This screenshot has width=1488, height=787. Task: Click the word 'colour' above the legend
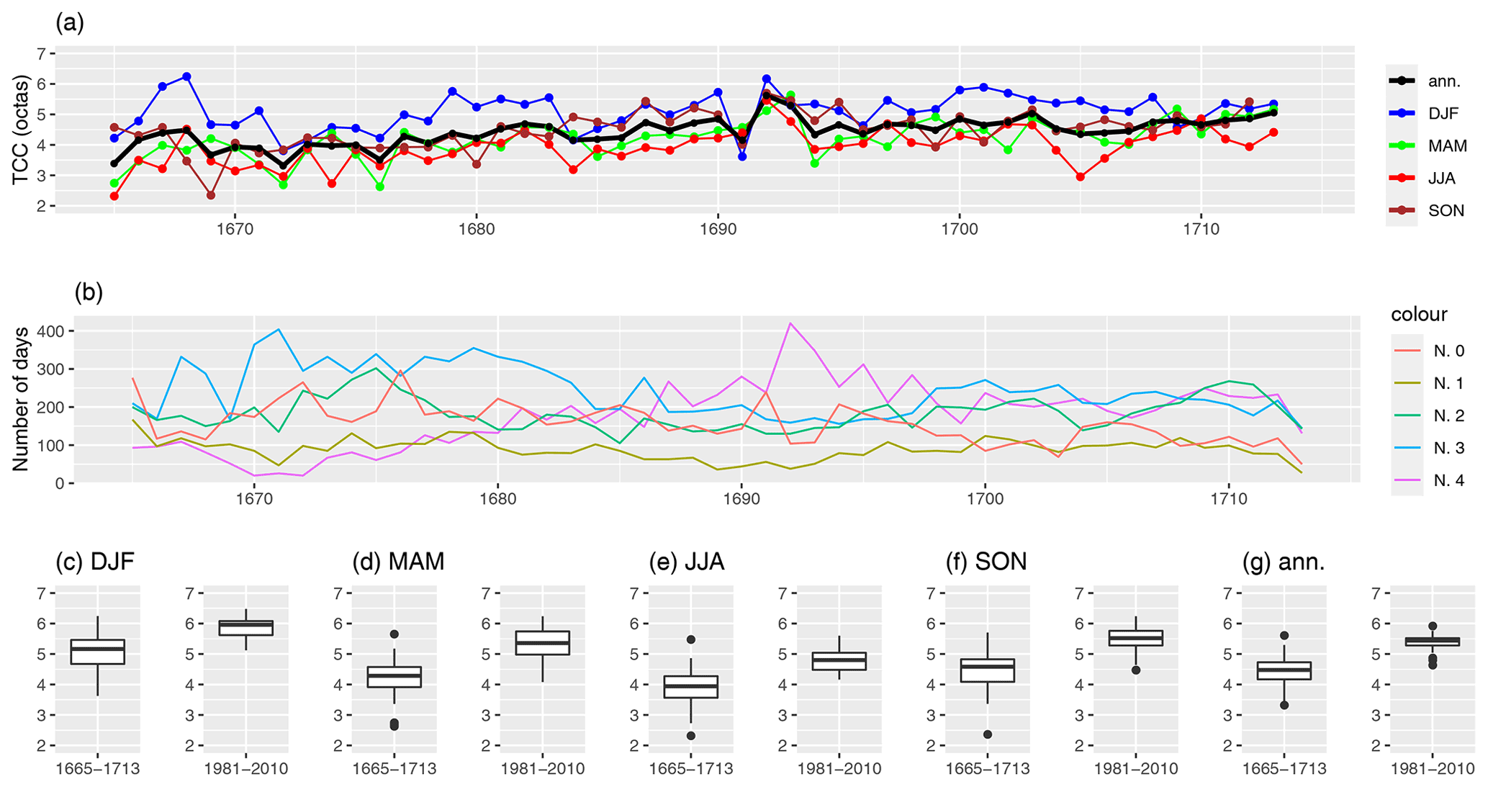(1418, 315)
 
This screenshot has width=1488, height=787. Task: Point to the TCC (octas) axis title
(21, 130)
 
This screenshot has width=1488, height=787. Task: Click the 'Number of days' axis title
(21, 399)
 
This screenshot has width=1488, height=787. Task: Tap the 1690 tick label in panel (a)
(717, 230)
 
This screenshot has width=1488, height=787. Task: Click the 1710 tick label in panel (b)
(1228, 499)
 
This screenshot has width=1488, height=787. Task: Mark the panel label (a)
(70, 23)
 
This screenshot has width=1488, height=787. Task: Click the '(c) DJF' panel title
(95, 562)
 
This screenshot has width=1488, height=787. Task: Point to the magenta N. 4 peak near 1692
(790, 323)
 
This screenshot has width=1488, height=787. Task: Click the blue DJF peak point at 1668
(186, 76)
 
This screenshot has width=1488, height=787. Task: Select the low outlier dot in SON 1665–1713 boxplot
(988, 734)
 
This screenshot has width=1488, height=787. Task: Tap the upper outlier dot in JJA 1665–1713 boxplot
(690, 639)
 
